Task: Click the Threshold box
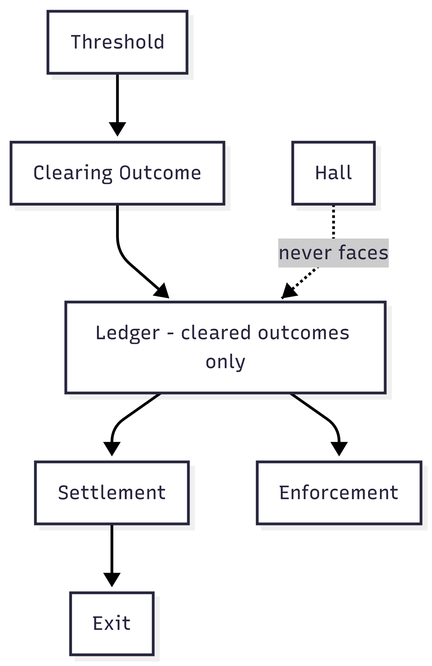tap(117, 42)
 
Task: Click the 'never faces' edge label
tap(333, 253)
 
